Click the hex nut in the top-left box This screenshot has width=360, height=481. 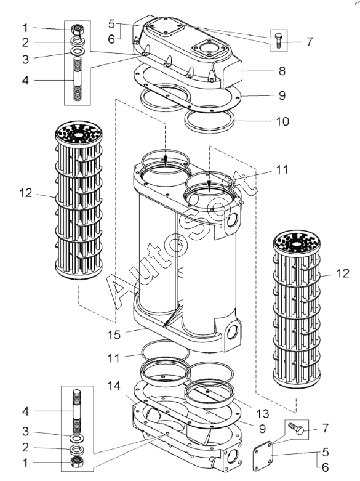(x=78, y=30)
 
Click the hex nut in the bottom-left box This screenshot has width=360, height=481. (x=76, y=462)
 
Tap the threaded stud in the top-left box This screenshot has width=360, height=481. (x=78, y=79)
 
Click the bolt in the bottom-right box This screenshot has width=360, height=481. (x=296, y=428)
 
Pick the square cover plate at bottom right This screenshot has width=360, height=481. (x=263, y=456)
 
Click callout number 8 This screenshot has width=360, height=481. (x=282, y=71)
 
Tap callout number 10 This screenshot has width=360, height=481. (x=282, y=121)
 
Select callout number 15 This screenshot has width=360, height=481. (x=114, y=334)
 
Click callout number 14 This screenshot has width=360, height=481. (x=114, y=386)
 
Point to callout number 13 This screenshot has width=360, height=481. (x=263, y=413)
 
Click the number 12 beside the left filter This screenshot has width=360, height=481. (x=25, y=193)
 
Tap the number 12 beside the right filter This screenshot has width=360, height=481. (x=343, y=273)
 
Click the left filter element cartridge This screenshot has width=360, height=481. (x=79, y=200)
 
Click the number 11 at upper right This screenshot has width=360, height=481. (x=282, y=169)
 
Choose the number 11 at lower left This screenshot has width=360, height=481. (x=114, y=358)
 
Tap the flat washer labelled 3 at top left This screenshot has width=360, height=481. (x=78, y=51)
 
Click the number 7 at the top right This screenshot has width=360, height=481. (x=310, y=42)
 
